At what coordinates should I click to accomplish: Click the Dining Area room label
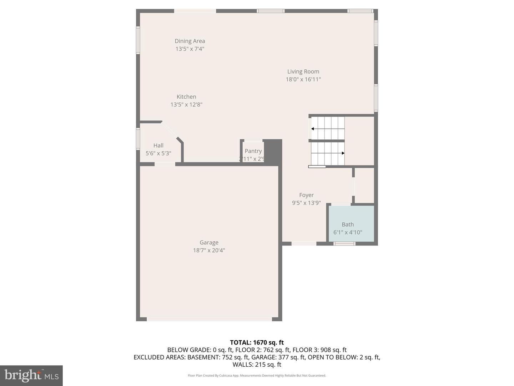click(x=190, y=41)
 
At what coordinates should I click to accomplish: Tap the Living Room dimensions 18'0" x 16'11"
click(x=303, y=79)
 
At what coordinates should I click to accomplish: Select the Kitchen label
click(x=186, y=97)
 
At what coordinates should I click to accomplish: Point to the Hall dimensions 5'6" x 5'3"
click(x=158, y=153)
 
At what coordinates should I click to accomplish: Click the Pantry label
click(x=253, y=151)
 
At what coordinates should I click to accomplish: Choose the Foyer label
click(x=306, y=195)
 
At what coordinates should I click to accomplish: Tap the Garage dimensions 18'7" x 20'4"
click(x=209, y=250)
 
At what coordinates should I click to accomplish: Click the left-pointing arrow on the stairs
click(x=313, y=129)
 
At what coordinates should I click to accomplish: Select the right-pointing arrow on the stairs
click(x=343, y=153)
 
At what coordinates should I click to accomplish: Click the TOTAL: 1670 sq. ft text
click(x=257, y=342)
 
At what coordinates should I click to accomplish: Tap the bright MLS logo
click(x=31, y=375)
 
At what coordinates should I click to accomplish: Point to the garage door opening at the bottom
click(x=209, y=319)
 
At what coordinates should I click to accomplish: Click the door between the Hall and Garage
click(x=165, y=164)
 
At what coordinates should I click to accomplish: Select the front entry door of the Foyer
click(x=304, y=244)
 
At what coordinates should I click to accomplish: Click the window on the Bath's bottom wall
click(x=344, y=244)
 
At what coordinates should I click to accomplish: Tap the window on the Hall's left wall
click(x=138, y=139)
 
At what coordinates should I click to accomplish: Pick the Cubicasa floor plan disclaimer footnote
click(x=257, y=376)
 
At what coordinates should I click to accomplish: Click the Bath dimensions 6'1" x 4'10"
click(x=348, y=232)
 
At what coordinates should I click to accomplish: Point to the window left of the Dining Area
click(x=138, y=40)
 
